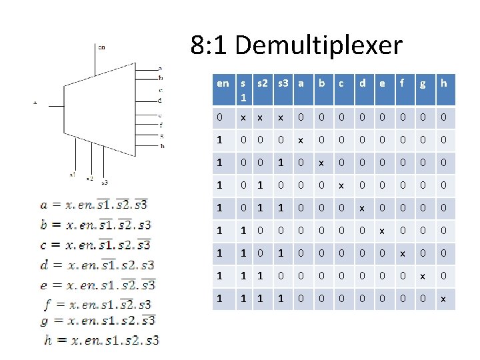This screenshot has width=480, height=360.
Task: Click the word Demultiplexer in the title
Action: click(x=319, y=45)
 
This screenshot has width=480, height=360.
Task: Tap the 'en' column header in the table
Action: click(x=223, y=83)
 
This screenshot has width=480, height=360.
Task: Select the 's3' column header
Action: click(x=282, y=83)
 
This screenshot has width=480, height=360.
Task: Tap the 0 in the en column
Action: click(x=220, y=117)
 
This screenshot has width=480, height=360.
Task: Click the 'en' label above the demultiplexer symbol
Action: click(x=101, y=47)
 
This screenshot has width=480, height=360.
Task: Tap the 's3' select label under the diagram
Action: click(x=105, y=182)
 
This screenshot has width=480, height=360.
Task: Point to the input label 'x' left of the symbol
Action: click(x=35, y=103)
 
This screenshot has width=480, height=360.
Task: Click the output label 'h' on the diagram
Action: click(x=162, y=145)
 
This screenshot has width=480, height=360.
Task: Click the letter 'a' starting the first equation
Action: click(x=44, y=205)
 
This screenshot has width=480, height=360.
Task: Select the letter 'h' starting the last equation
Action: click(x=47, y=340)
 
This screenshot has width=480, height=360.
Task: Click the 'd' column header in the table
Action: click(x=362, y=83)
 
